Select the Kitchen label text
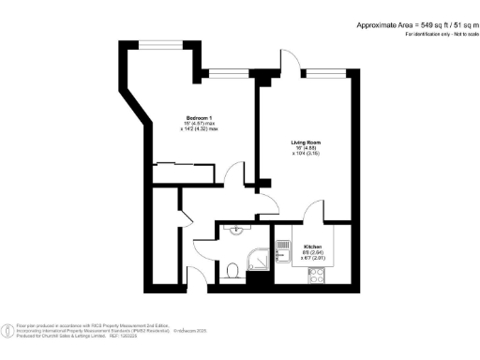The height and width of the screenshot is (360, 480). click(x=311, y=247)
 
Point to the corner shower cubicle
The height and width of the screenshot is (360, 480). click(x=258, y=258)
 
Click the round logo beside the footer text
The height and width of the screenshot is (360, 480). click(x=8, y=328)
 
